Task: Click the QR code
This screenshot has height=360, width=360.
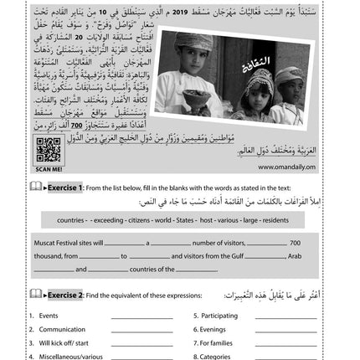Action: (48, 150)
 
